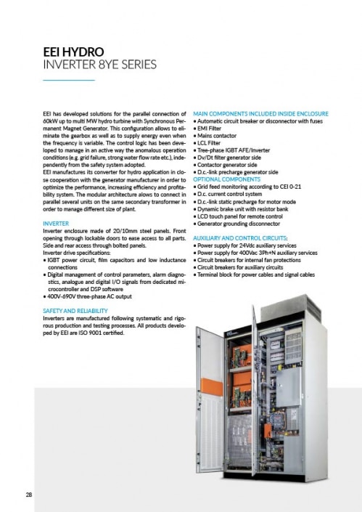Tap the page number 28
click(28, 495)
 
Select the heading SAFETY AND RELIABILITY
click(75, 309)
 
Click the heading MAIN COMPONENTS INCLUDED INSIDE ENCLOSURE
click(260, 114)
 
